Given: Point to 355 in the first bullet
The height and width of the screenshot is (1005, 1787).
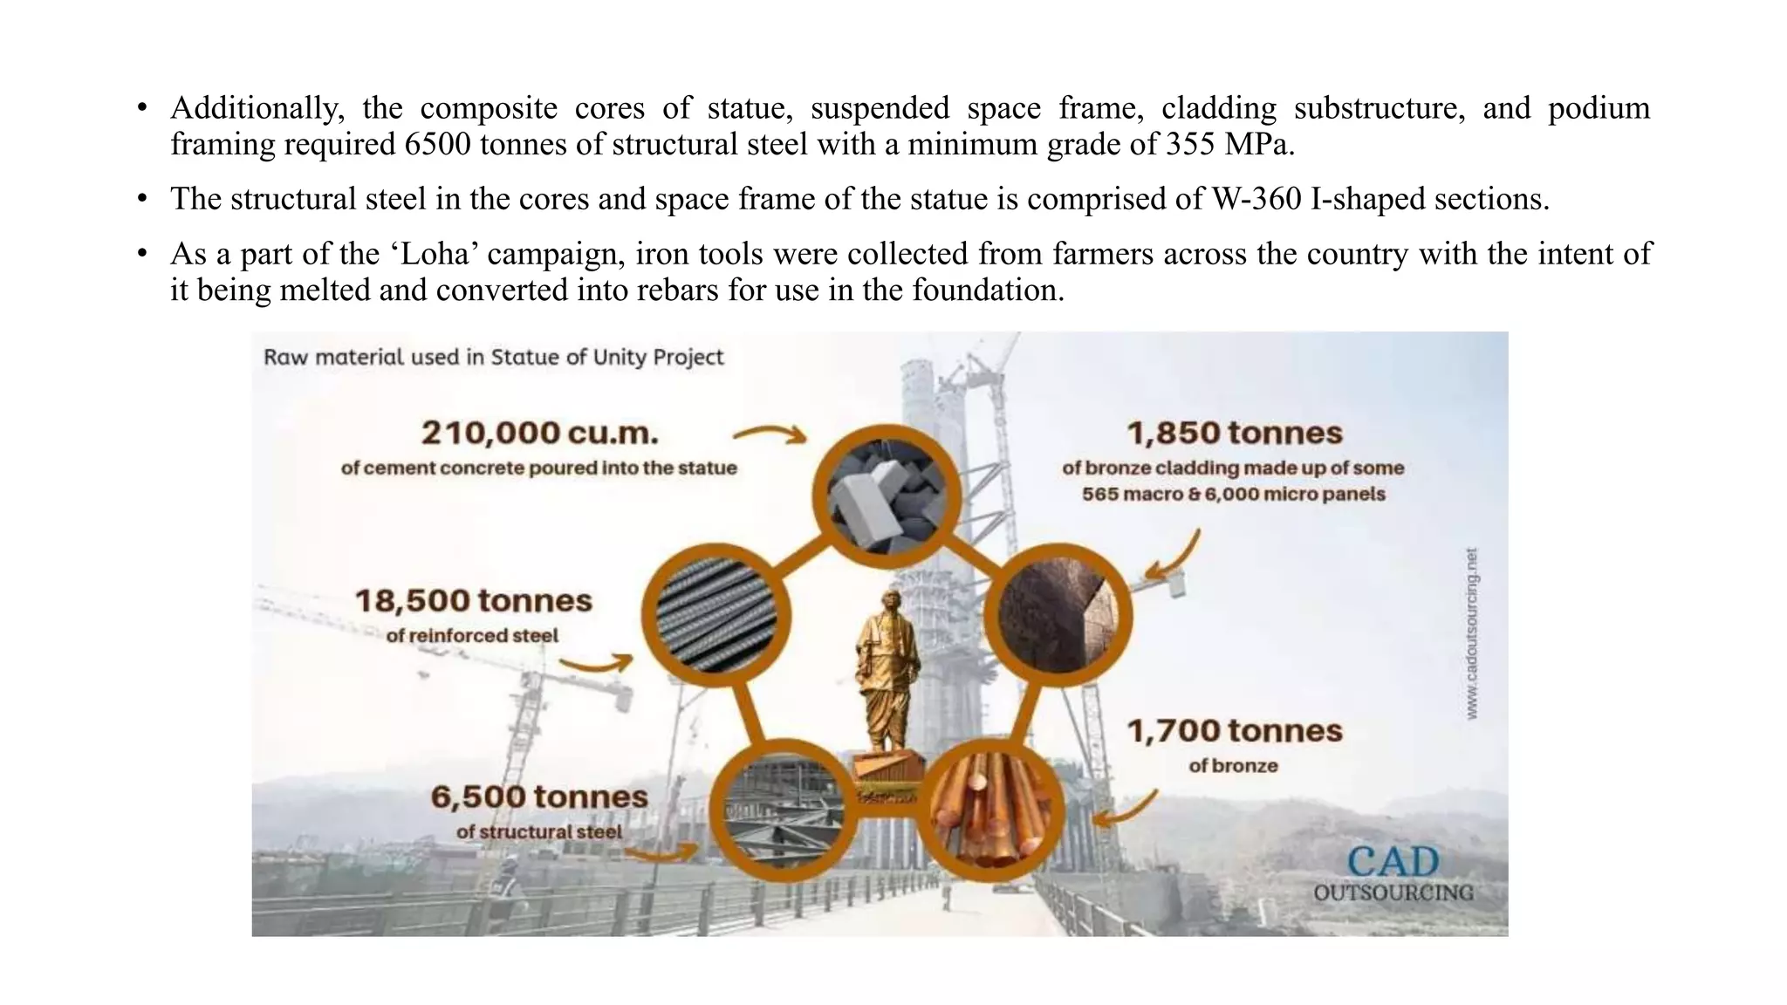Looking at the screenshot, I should click(1191, 144).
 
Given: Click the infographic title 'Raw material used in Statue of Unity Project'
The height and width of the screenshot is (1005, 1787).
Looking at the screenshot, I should click(494, 357).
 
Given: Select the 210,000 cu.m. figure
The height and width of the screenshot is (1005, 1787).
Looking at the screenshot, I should click(539, 433).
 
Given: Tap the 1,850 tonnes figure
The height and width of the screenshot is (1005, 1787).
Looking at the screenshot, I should click(1234, 433).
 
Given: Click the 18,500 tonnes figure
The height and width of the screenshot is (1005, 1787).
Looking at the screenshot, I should click(473, 600).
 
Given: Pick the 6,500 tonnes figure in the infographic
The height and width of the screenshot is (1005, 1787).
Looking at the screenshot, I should click(539, 796).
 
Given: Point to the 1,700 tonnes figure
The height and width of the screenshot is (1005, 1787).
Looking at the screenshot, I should click(1234, 730).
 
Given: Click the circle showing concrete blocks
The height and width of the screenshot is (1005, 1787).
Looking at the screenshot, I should click(886, 496).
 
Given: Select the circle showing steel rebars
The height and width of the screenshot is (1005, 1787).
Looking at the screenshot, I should click(716, 615).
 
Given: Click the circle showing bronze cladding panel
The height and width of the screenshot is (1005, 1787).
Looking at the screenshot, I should click(1057, 615).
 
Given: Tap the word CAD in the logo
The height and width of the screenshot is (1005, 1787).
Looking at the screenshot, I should click(1393, 862).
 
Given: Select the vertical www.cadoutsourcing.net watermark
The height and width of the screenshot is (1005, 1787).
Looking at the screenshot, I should click(1472, 633).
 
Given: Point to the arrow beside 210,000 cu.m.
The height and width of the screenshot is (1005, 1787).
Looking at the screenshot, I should click(770, 434).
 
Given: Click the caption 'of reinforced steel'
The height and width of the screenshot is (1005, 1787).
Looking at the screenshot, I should click(472, 636).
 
